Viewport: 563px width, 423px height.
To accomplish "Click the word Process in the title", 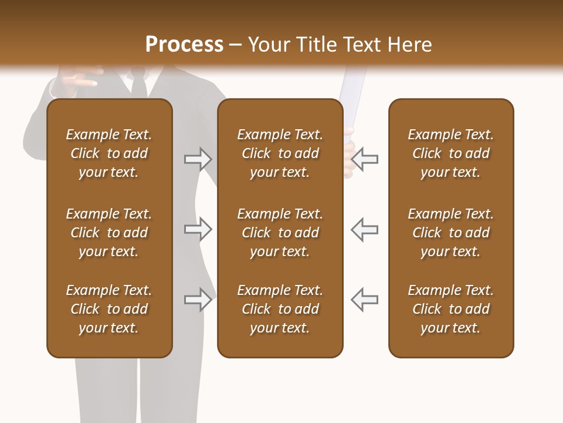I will coord(184,45).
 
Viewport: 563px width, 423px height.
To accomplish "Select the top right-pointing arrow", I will coord(198,159).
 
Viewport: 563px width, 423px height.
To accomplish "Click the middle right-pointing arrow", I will coord(198,229).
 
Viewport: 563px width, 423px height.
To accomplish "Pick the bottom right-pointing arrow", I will coord(198,300).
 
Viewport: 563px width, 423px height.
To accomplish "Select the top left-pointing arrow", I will coord(364,159).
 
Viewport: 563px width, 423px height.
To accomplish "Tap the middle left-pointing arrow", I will coord(364,229).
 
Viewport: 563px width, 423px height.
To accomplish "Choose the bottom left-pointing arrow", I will coord(364,300).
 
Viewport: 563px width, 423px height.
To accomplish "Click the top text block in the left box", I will coord(109,153).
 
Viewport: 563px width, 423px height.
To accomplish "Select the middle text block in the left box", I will coord(109,233).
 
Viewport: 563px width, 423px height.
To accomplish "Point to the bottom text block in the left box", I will coord(109,309).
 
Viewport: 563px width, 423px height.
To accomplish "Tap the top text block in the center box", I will coord(280,153).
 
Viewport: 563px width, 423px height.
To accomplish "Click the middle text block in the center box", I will coord(280,233).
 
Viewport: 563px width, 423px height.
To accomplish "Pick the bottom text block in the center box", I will coord(280,309).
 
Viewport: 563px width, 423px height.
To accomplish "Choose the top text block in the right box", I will coord(450,153).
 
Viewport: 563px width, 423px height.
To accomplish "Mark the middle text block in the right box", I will coord(450,233).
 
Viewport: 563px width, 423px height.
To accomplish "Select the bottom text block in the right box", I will coord(450,309).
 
